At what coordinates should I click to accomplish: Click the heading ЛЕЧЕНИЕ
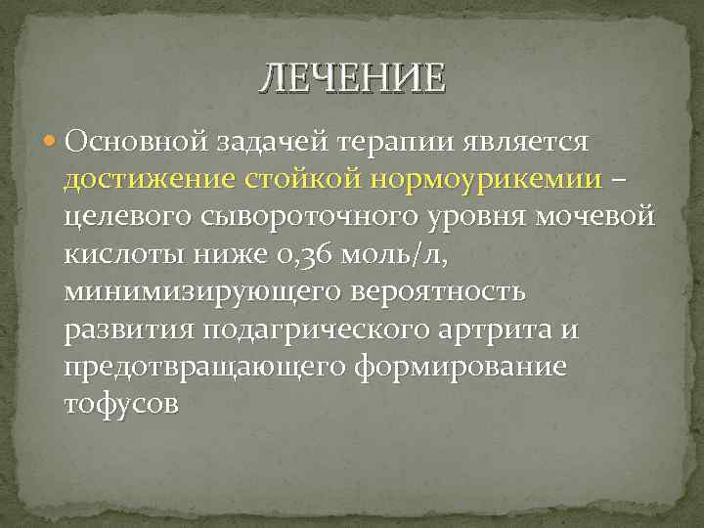[352, 76]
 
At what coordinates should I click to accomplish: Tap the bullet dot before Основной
[51, 143]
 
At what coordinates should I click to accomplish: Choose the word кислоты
[122, 255]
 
